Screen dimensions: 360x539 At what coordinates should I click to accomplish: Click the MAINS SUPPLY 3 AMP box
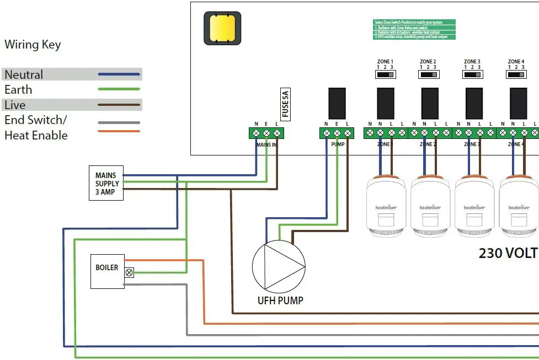point(106,183)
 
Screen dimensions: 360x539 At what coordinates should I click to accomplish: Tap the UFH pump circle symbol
point(279,266)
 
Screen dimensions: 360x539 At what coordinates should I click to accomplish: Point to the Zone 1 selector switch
point(385,73)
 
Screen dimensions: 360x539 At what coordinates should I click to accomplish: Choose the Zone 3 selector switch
point(471,73)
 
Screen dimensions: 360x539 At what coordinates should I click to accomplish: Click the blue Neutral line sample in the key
point(119,74)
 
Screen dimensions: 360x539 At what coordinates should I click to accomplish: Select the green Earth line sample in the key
point(119,89)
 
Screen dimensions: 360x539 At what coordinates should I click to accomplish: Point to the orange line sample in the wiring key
point(119,131)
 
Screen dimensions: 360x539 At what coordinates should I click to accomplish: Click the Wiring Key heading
point(33,45)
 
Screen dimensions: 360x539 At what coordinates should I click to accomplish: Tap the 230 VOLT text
point(508,253)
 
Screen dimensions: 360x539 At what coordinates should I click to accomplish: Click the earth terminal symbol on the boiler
point(130,272)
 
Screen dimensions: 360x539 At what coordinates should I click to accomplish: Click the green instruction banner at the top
point(414,29)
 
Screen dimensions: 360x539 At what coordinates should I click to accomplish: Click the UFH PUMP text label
point(280,301)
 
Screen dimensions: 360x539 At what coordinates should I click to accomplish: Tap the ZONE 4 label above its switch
point(516,62)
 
